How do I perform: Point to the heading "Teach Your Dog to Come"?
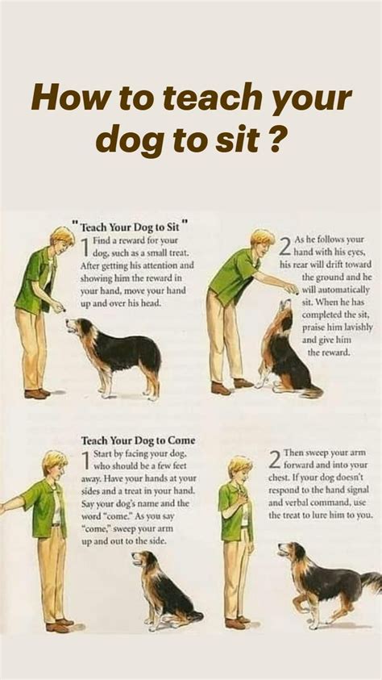pos(138,441)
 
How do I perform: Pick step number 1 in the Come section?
pos(85,461)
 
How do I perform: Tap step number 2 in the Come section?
pos(276,459)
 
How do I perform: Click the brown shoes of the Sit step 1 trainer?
pos(36,394)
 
